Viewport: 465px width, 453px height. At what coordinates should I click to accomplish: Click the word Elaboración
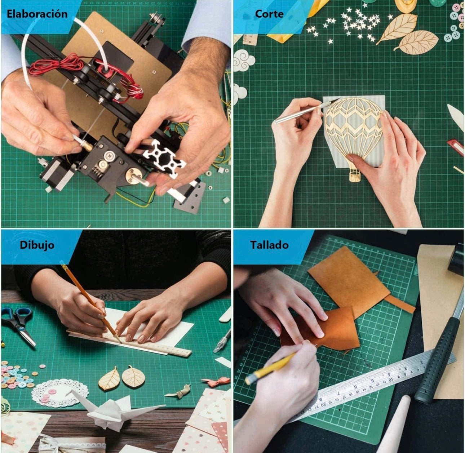pyautogui.click(x=37, y=14)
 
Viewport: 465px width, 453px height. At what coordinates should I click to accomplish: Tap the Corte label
pyautogui.click(x=269, y=14)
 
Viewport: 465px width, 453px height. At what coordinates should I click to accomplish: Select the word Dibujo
pyautogui.click(x=37, y=245)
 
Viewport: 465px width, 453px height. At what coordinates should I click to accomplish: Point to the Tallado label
pyautogui.click(x=269, y=245)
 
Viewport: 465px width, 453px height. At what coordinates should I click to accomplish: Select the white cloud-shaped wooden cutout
pyautogui.click(x=243, y=61)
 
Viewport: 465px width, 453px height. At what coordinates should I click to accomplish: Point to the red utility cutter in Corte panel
pyautogui.click(x=455, y=147)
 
